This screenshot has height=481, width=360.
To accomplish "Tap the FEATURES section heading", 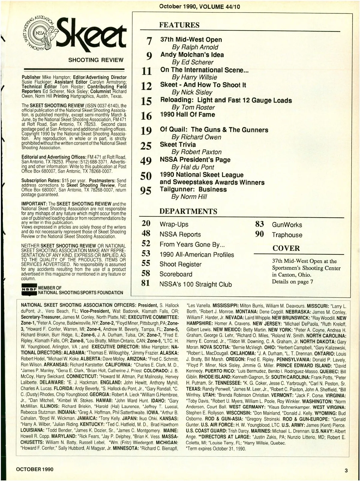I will [179, 25].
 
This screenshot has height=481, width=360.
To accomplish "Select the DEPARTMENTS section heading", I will [188, 211].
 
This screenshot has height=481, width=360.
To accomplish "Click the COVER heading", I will [286, 248].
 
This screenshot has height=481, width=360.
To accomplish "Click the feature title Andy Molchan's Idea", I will [192, 55].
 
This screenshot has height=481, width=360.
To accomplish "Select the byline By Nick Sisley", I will [192, 92].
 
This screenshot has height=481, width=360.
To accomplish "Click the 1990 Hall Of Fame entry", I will [187, 115].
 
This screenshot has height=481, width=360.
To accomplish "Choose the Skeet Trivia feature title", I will [178, 144].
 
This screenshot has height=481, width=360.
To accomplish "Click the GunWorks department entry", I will [287, 225].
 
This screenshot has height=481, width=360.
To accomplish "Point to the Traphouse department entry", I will [287, 235].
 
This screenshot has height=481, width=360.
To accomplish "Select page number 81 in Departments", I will [145, 283].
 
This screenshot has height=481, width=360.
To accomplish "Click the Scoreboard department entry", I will [176, 274].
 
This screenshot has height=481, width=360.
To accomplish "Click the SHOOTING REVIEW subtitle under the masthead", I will [96, 60].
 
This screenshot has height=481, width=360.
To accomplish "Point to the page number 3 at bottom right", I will [346, 470].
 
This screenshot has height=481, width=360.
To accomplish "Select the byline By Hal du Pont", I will [193, 167].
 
